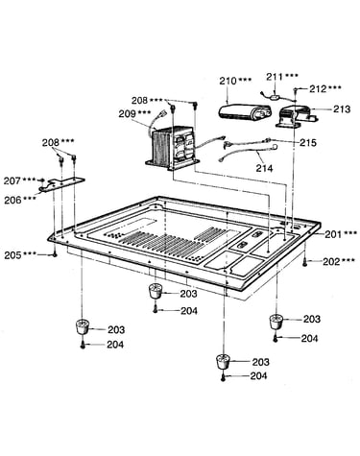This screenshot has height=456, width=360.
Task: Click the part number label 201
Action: point(333,234)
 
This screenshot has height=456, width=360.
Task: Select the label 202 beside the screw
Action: point(331,261)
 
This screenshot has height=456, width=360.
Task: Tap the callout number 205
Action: point(12,255)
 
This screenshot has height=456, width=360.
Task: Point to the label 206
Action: point(12,200)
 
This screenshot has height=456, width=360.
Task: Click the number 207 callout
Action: point(12,180)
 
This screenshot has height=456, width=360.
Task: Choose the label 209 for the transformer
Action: point(127,113)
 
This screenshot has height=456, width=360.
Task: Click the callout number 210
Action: point(228,81)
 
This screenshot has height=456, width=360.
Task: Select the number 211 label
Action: point(275,77)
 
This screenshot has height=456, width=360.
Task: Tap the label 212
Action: point(318,88)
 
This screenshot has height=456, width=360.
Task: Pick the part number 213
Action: point(342,109)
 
